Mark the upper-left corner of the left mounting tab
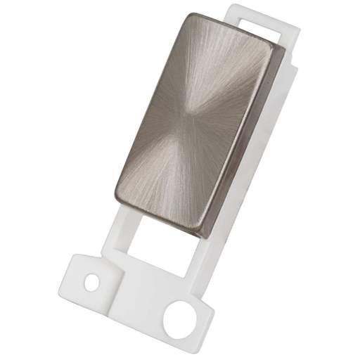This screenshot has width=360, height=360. click(70, 263)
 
